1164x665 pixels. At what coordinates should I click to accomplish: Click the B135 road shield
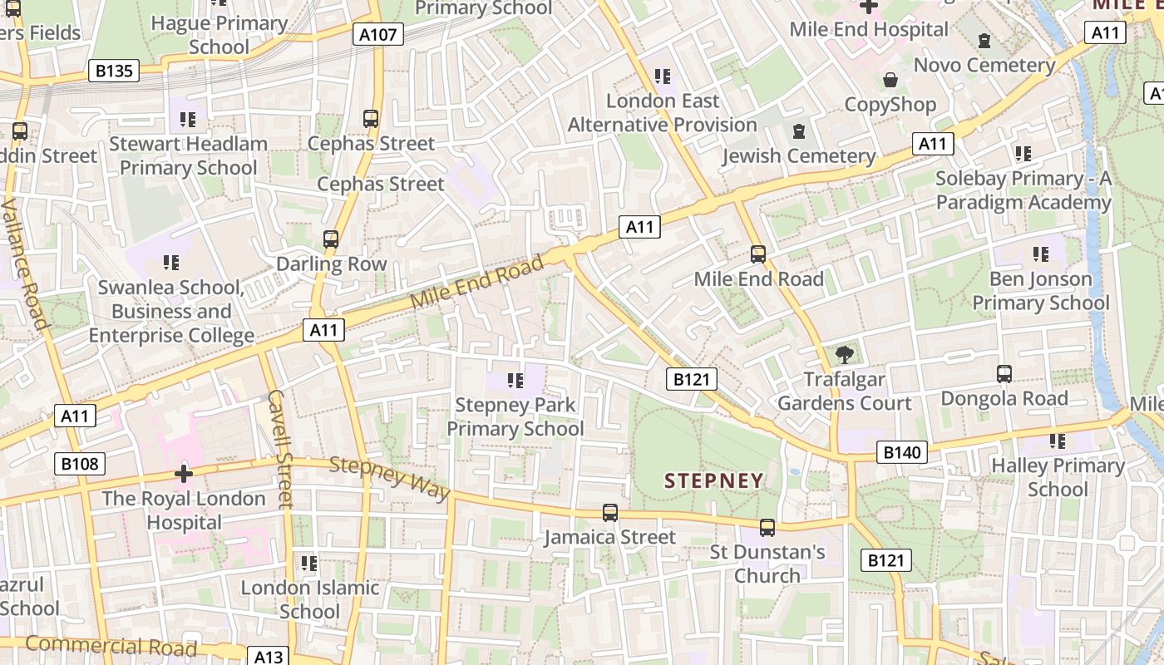coord(113,71)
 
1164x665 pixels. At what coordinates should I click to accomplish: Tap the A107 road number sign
coord(378,34)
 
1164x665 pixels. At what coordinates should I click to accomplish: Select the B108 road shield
coord(81,463)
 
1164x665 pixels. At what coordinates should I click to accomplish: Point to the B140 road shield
coord(901,452)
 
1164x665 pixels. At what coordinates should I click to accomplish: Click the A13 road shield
coord(268,657)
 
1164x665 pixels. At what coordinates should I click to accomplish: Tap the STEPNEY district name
coord(713,480)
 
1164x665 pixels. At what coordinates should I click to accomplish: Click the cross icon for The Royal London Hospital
coord(184,474)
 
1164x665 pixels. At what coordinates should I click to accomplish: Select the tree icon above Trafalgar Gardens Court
coord(845,355)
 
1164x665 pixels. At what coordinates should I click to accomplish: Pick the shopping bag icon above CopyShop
coord(890,80)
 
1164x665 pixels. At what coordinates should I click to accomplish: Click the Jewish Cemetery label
coord(798,156)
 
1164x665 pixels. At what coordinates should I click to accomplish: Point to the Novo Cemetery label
coord(984,65)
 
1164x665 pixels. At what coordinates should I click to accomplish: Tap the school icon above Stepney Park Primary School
coord(515,381)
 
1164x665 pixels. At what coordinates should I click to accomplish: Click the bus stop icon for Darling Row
coord(331,239)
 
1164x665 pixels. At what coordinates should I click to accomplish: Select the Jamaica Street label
coord(609,537)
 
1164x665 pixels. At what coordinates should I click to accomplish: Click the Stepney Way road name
coord(389,477)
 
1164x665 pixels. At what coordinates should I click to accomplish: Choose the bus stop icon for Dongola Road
coord(1004,374)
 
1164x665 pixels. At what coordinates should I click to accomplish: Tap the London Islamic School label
coord(309,599)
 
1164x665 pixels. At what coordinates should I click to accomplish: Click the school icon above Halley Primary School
coord(1057,441)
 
